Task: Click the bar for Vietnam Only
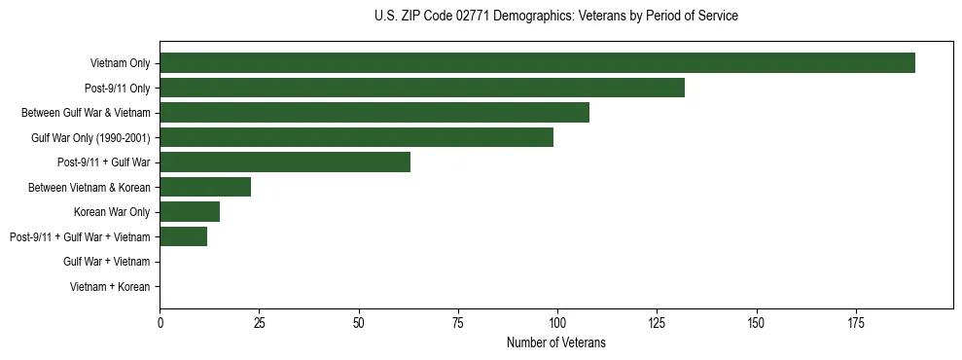click(x=537, y=63)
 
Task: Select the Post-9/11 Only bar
click(x=422, y=88)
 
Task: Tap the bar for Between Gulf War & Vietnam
click(x=374, y=113)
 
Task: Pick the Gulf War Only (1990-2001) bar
click(x=356, y=137)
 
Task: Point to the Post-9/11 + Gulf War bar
click(x=285, y=162)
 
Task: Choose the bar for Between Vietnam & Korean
click(x=205, y=187)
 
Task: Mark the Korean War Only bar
click(x=190, y=212)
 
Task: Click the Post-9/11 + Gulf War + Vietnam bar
click(x=184, y=236)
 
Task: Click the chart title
click(x=555, y=17)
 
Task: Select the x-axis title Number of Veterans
click(x=555, y=342)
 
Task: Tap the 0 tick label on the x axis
click(x=160, y=322)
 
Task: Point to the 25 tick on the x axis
click(x=260, y=322)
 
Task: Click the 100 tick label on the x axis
click(x=557, y=322)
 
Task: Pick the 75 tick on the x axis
click(x=458, y=322)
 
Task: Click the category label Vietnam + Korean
click(x=110, y=287)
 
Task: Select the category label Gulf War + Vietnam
click(x=107, y=262)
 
